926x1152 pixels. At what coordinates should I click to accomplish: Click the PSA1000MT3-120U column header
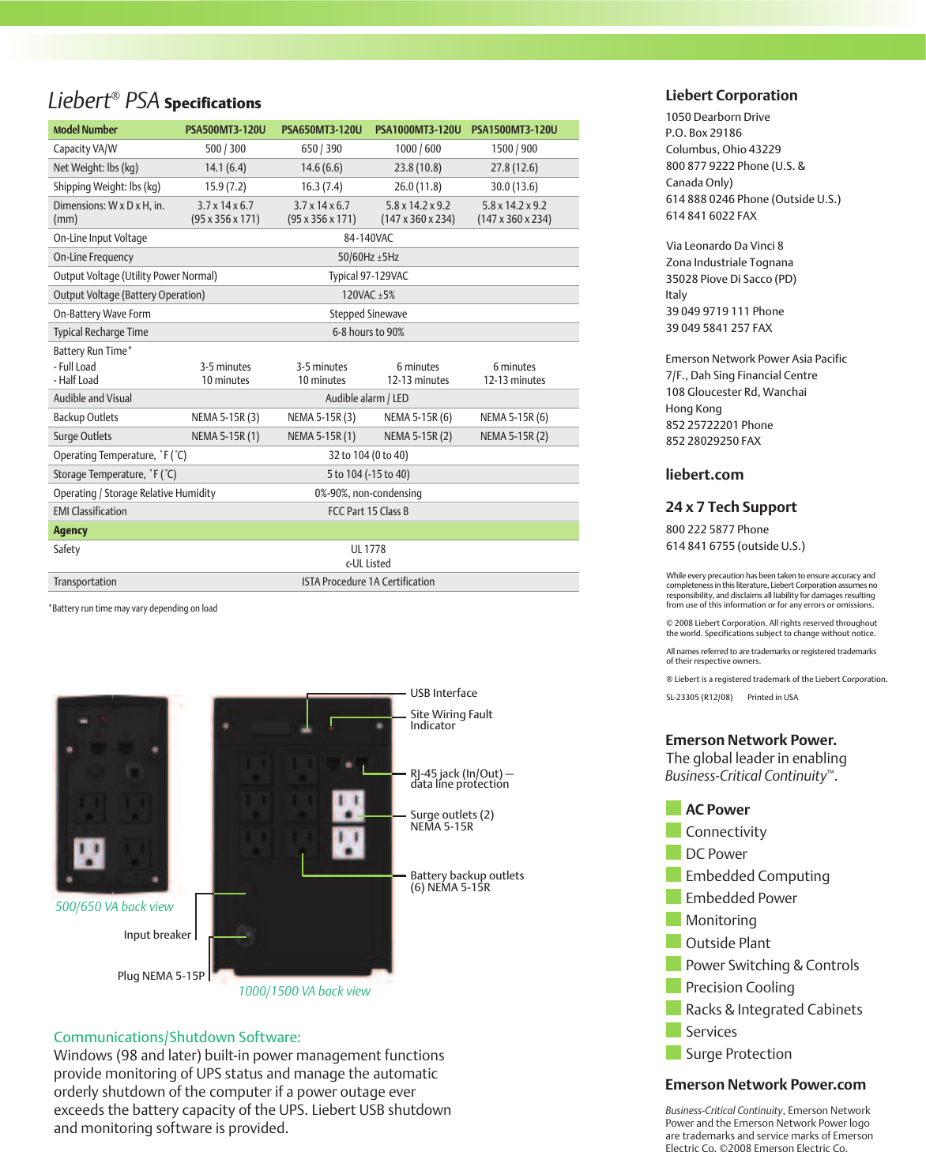[417, 130]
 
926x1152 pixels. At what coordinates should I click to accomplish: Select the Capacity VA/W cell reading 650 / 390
[322, 149]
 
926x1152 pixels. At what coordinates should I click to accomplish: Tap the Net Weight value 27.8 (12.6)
[514, 168]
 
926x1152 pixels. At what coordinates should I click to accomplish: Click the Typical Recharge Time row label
[100, 332]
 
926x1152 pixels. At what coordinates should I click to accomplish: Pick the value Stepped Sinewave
[368, 314]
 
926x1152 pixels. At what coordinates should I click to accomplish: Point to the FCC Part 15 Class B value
[368, 511]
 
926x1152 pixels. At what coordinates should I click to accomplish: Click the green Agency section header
[70, 530]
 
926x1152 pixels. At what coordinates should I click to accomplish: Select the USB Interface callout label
[443, 693]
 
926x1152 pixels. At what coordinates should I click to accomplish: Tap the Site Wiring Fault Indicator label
[450, 720]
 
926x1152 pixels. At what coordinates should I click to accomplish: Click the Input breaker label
[157, 935]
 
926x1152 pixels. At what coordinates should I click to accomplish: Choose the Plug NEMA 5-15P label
[160, 976]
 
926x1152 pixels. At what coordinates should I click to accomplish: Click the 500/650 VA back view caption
[114, 906]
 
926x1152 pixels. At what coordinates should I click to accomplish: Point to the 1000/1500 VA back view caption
[304, 991]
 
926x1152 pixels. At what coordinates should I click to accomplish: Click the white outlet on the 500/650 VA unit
[89, 853]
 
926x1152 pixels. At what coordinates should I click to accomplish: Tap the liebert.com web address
[704, 475]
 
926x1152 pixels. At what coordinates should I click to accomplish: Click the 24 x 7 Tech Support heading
[731, 507]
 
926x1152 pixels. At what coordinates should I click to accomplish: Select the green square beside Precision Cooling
[673, 986]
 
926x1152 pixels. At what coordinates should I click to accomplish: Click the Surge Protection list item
[738, 1054]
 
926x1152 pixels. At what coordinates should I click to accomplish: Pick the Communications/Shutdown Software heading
[177, 1037]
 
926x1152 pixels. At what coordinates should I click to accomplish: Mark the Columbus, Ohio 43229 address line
[723, 149]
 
